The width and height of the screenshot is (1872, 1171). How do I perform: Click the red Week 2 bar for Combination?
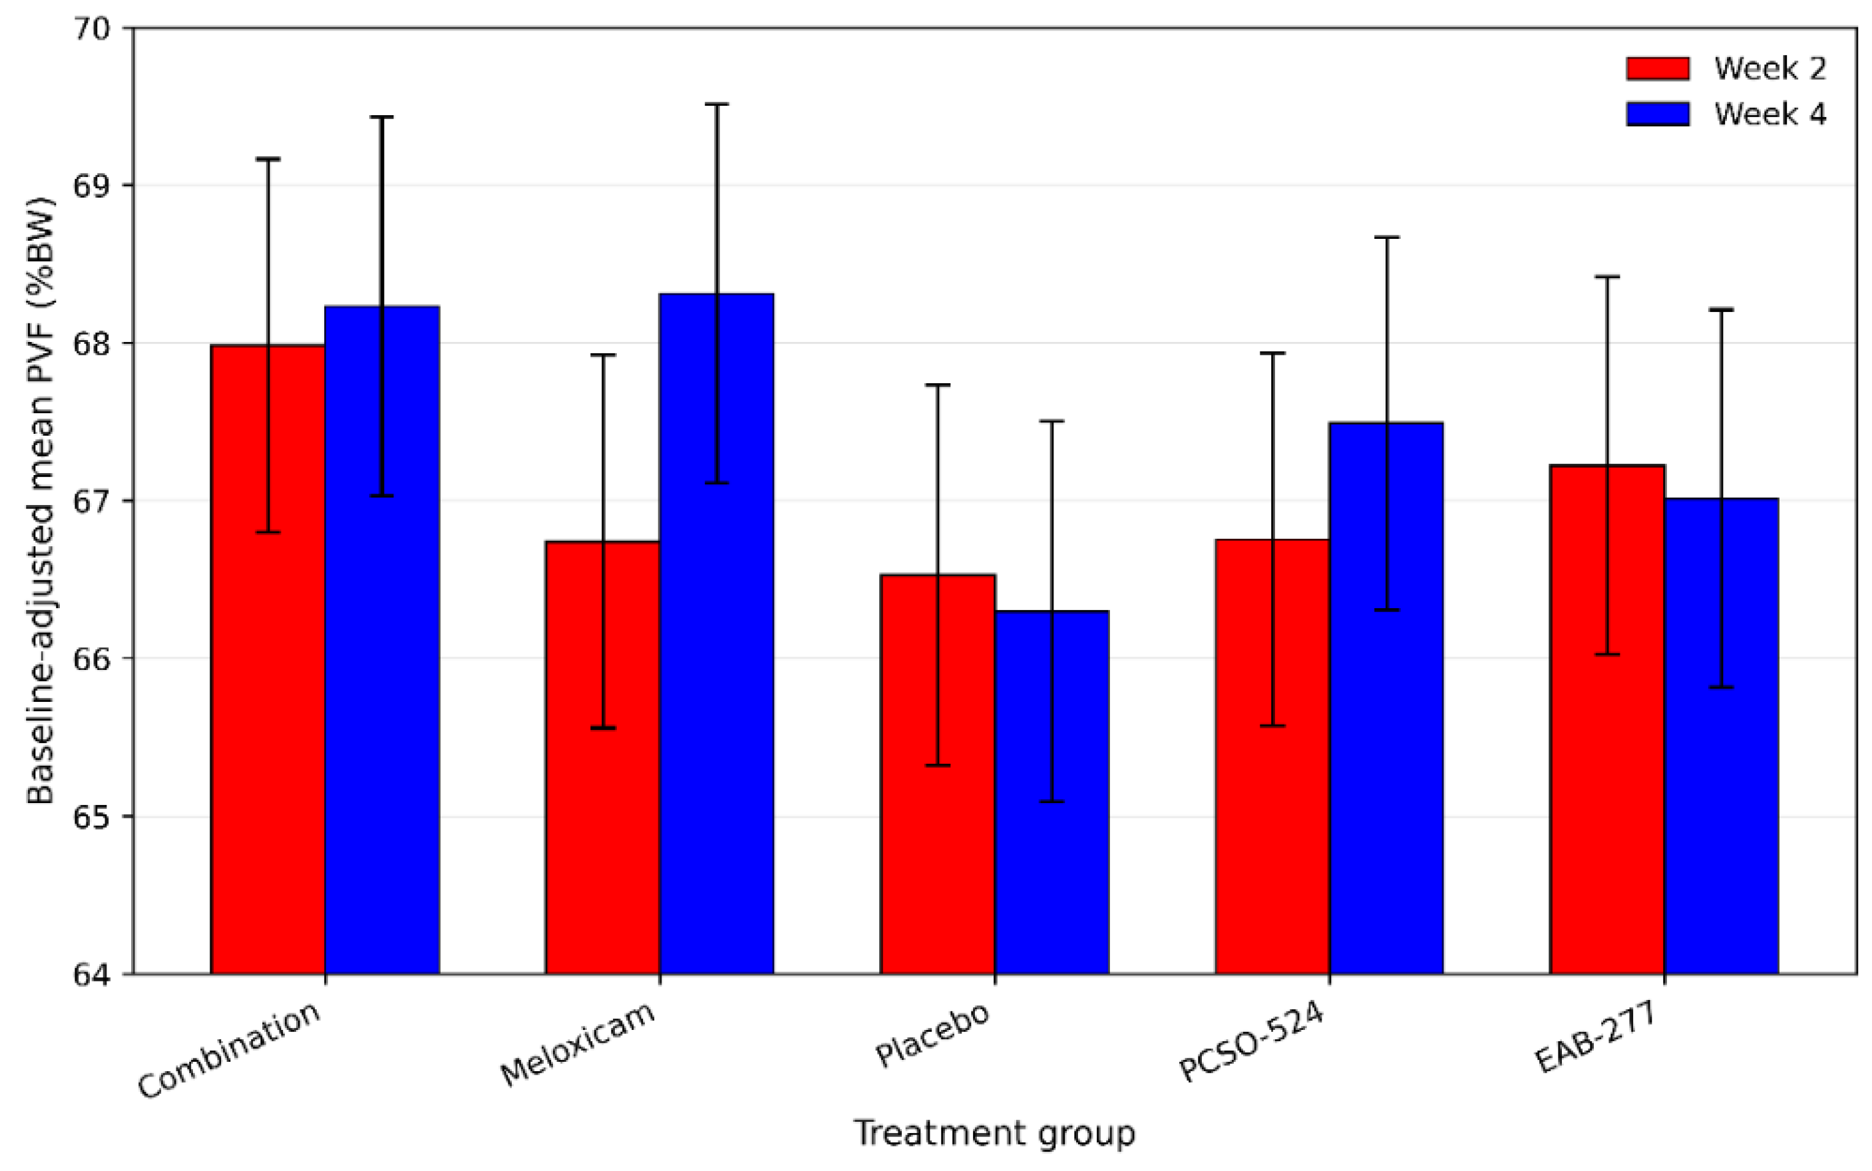(x=268, y=659)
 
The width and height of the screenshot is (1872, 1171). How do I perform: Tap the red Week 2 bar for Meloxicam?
(x=602, y=757)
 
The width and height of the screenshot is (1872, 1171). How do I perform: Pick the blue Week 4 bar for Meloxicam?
(x=717, y=633)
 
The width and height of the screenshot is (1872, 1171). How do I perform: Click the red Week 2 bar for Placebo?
(x=937, y=774)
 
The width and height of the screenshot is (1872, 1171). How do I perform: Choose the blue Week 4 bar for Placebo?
(x=1051, y=792)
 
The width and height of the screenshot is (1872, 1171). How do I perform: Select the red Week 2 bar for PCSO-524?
(x=1272, y=756)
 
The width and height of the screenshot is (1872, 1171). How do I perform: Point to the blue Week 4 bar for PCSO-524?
(x=1386, y=698)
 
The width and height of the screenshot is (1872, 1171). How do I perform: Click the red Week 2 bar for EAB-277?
(x=1607, y=719)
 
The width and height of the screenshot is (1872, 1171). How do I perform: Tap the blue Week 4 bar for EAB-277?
(x=1722, y=736)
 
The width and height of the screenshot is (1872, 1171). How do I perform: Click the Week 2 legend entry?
(x=1726, y=68)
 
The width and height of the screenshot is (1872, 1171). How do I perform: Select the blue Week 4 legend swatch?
(x=1658, y=114)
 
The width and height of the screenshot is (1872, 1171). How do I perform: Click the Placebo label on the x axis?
(x=933, y=1034)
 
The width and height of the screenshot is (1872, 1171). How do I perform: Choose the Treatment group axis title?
(x=994, y=1133)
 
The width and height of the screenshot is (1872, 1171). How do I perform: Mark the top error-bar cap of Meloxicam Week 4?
(x=717, y=104)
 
